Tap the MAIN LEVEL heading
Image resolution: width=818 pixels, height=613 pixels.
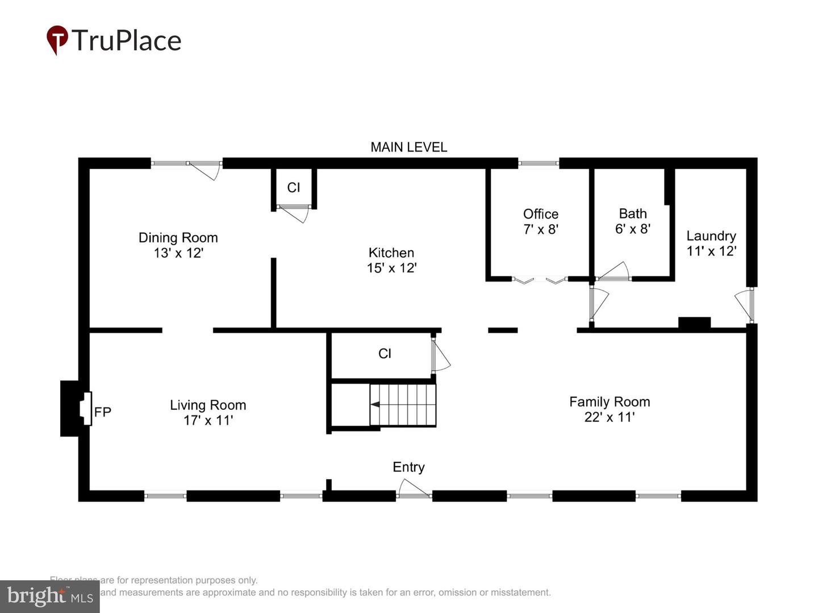point(408,147)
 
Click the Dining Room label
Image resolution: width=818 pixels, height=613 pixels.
point(178,238)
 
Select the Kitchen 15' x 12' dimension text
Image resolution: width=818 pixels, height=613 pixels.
point(391,268)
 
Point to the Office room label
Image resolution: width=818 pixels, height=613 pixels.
point(540,214)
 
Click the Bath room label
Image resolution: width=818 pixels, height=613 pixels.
point(632,213)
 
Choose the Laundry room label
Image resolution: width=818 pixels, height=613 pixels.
point(711,236)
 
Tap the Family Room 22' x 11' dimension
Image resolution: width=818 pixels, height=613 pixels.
point(609,417)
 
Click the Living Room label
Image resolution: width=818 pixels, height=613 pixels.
point(208,405)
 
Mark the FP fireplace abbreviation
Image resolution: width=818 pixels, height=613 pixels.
point(103,412)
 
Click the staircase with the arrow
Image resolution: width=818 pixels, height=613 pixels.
point(402,405)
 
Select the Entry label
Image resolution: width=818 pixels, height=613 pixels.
point(408,467)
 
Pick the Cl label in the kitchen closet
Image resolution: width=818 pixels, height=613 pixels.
point(293,187)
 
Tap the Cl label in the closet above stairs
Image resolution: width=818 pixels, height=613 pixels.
point(385,354)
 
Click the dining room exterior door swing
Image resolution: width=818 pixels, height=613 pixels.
point(204,169)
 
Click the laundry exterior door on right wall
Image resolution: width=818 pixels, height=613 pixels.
point(744,305)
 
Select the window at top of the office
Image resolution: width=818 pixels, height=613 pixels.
point(538,163)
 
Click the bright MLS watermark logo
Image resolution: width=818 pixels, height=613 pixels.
point(50,596)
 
